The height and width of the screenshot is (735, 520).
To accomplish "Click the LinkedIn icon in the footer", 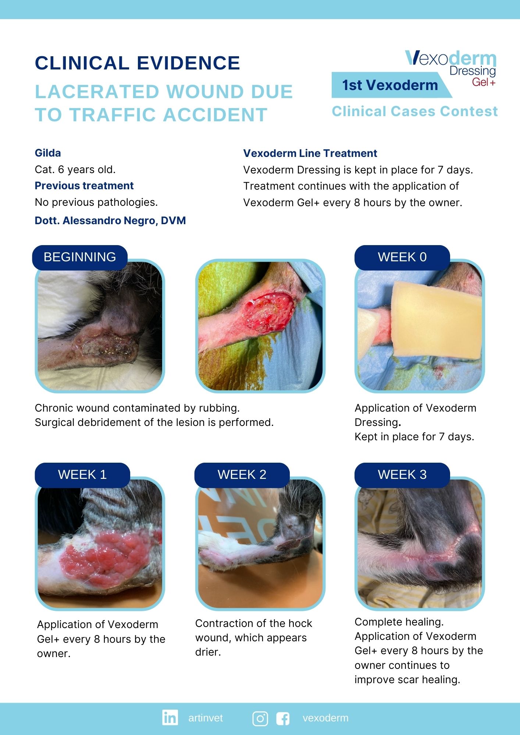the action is coord(170,717).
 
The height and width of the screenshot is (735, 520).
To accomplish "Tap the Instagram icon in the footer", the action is coord(260,718).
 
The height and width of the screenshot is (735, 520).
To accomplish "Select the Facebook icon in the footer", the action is coord(283,718).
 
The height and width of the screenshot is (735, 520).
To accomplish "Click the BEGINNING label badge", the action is coord(80,257).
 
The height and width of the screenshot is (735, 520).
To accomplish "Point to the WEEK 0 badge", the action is coord(402,257).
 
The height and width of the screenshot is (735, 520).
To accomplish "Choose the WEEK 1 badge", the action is coord(82,475).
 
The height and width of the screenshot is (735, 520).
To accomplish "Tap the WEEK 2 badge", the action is coord(242,475).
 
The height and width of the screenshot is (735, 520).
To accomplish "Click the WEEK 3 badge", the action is coord(402,475).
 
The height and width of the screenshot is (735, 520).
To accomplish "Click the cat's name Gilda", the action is coord(48,153).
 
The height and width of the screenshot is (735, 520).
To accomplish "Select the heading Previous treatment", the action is coord(84,186).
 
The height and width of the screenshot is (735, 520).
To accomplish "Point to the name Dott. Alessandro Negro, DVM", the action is coord(110,220).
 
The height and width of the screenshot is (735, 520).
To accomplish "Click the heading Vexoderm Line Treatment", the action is coord(310,153).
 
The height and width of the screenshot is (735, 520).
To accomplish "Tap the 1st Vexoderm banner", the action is coord(390,85).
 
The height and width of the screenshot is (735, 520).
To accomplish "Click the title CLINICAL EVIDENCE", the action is coord(138,63).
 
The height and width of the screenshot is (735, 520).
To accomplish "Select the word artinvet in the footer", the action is coord(206,718).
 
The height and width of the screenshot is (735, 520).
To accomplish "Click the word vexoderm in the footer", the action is coord(325,718).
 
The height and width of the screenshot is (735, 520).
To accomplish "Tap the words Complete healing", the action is coord(399,622).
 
